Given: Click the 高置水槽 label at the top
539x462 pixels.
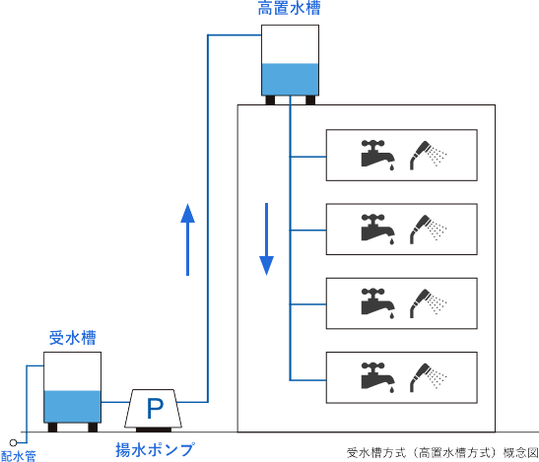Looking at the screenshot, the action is [x=289, y=8].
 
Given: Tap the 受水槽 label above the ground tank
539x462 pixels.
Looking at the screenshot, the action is [x=72, y=338].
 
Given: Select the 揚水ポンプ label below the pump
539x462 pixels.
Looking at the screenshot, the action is [x=155, y=449].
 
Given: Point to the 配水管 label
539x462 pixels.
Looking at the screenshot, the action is [x=18, y=456].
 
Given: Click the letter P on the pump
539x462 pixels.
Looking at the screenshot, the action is [x=155, y=409].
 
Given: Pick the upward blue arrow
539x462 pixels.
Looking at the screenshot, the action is [x=187, y=239].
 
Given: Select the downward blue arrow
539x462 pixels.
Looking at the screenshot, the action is [x=266, y=239].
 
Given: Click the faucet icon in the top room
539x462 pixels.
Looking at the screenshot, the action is [x=377, y=155].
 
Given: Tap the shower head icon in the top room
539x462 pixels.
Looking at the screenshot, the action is [x=428, y=155].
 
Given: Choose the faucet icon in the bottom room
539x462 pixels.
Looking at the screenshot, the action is [x=377, y=377].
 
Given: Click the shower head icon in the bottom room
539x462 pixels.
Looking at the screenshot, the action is [x=428, y=377].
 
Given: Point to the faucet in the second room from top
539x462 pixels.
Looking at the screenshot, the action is [x=377, y=229].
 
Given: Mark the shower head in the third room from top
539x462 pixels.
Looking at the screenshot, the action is [x=428, y=303].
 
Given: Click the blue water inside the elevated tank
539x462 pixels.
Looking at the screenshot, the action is [x=290, y=79].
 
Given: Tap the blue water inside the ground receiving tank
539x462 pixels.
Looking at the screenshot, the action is [x=72, y=406].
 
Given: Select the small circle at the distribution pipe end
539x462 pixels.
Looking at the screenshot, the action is [x=13, y=442].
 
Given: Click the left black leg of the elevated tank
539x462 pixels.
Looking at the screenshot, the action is [x=270, y=100].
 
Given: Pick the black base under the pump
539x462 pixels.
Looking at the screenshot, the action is [x=154, y=429].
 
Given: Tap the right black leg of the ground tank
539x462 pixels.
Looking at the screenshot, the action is [x=93, y=428].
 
